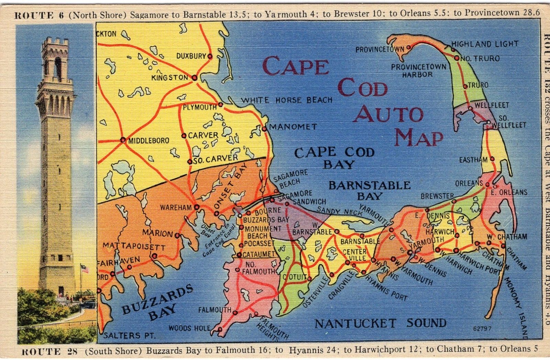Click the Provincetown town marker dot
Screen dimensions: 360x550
(x=408, y=47)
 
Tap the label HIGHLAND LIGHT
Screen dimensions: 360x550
(x=484, y=44)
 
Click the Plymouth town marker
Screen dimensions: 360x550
(x=220, y=104)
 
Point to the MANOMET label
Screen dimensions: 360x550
(x=293, y=127)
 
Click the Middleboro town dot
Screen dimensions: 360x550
(x=123, y=140)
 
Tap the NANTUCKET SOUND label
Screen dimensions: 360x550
(x=381, y=323)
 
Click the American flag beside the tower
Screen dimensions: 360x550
(x=84, y=268)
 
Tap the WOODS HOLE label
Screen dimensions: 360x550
(x=189, y=328)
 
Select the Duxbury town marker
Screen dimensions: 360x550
(x=210, y=56)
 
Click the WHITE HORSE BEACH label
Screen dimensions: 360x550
(x=287, y=100)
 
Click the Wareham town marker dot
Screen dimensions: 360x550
(x=197, y=207)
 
